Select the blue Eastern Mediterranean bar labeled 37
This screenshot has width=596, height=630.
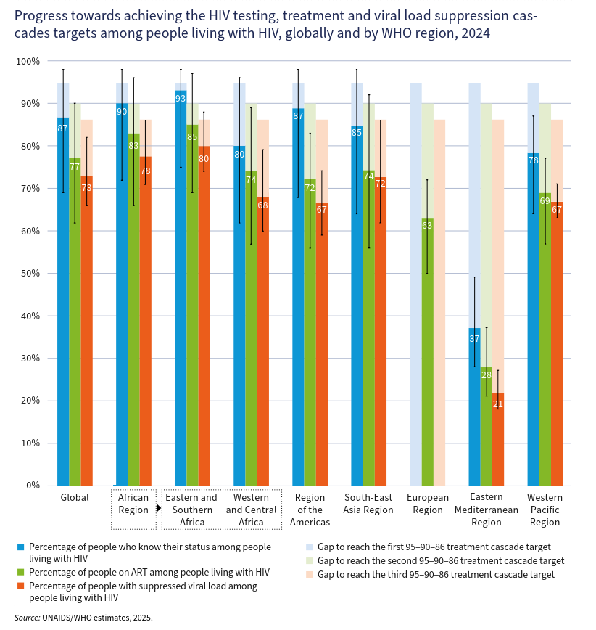(474, 406)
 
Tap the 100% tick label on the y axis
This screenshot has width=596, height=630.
(28, 61)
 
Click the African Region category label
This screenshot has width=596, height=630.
(133, 504)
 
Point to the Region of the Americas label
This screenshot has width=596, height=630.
(310, 510)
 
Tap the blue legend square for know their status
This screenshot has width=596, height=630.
(21, 547)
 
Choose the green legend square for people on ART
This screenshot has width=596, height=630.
(21, 573)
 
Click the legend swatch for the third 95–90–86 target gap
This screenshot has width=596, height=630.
(310, 574)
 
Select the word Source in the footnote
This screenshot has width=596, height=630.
(27, 618)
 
